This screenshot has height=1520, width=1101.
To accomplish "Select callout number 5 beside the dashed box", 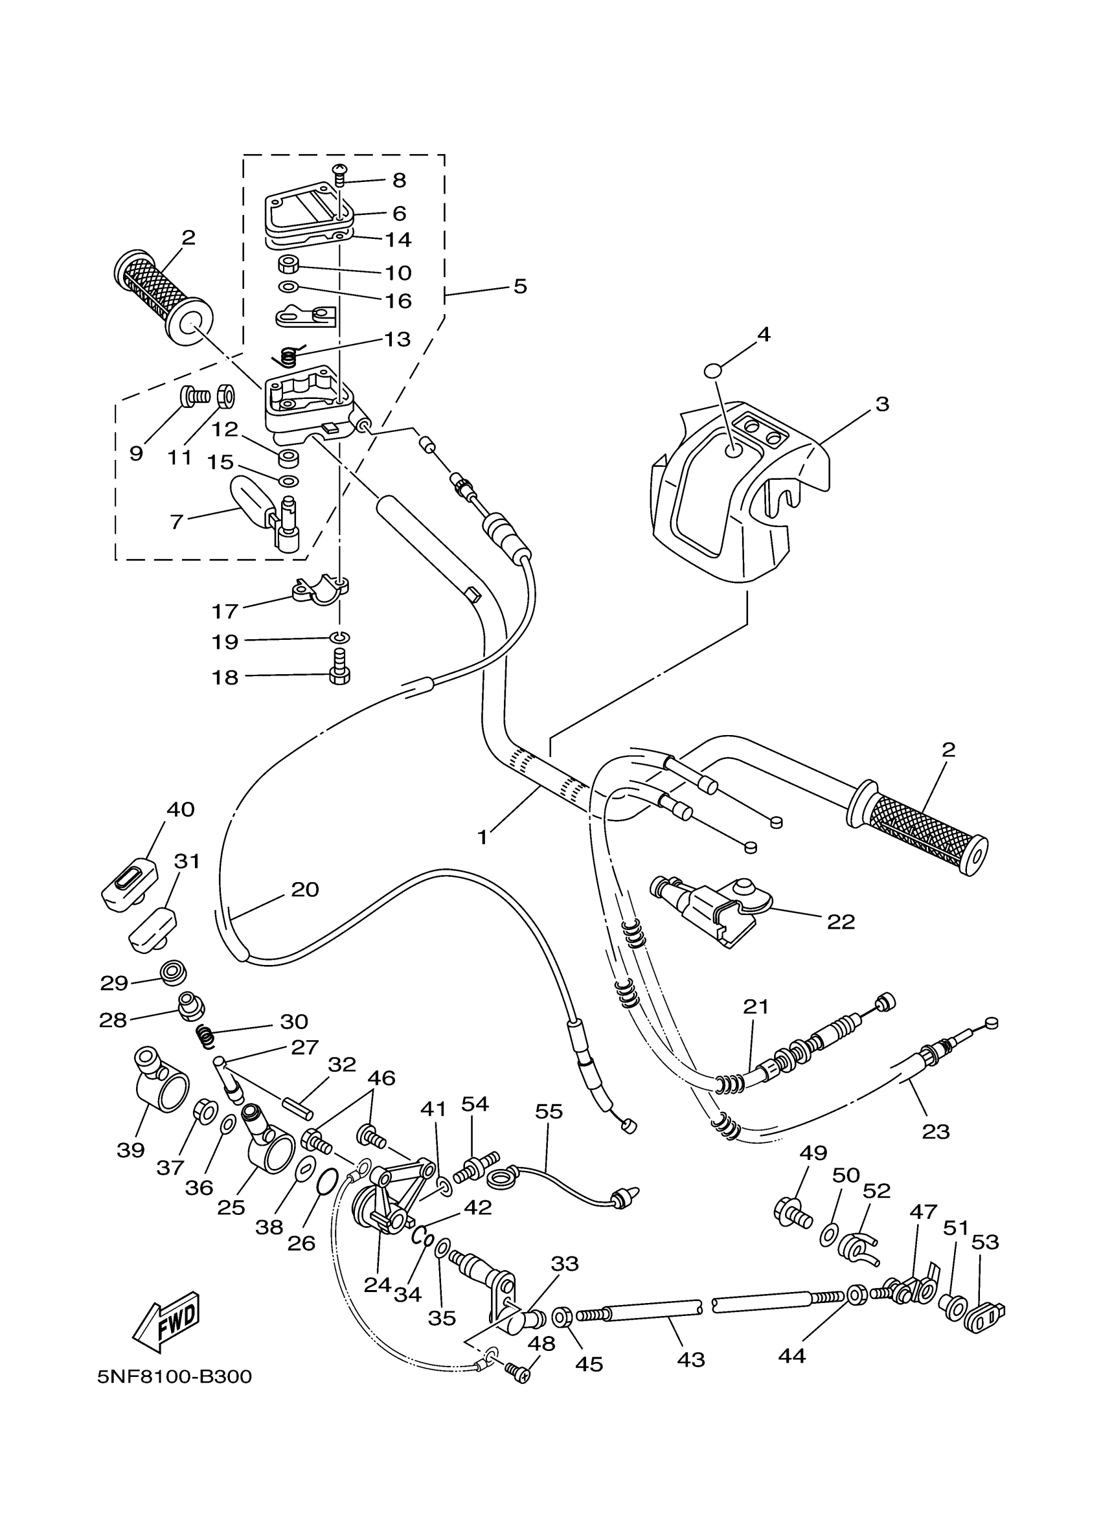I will pos(520,286).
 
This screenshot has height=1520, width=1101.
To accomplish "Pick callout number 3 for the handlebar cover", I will pos(882,404).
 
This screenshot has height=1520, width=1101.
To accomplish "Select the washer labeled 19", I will pos(340,636).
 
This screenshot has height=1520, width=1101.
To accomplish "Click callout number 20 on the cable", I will pos(304,889).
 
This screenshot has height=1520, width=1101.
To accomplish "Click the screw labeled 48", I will pos(518,1371).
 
